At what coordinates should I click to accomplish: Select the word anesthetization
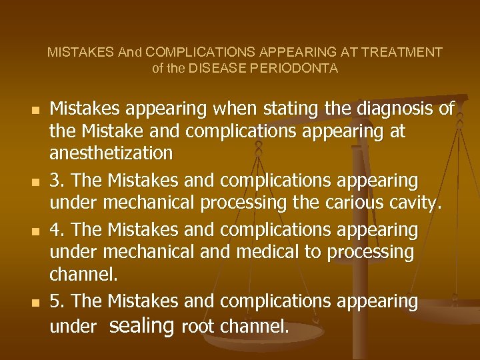point(111,153)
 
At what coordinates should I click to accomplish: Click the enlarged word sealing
point(141,325)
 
